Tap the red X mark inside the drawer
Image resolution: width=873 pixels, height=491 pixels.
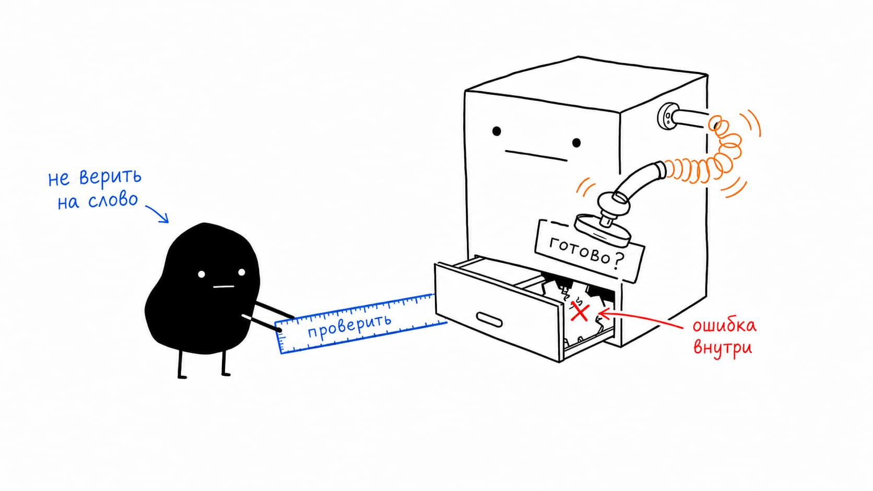pyautogui.click(x=580, y=312)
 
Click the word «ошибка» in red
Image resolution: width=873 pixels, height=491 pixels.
pyautogui.click(x=724, y=326)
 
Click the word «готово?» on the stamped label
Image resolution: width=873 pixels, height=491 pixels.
pyautogui.click(x=587, y=253)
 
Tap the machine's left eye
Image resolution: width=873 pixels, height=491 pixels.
pyautogui.click(x=497, y=131)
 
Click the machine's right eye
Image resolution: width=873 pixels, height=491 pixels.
pyautogui.click(x=576, y=143)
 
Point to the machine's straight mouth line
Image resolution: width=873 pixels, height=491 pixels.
pyautogui.click(x=536, y=155)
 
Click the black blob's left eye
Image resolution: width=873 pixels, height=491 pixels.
pyautogui.click(x=202, y=274)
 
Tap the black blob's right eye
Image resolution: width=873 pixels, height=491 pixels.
pyautogui.click(x=242, y=272)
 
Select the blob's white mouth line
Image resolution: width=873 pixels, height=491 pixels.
pyautogui.click(x=223, y=287)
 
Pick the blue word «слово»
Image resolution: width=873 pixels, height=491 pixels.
pyautogui.click(x=113, y=200)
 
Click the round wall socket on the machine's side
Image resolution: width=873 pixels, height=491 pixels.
pyautogui.click(x=667, y=116)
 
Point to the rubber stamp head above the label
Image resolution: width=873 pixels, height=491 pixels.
pyautogui.click(x=603, y=231)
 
